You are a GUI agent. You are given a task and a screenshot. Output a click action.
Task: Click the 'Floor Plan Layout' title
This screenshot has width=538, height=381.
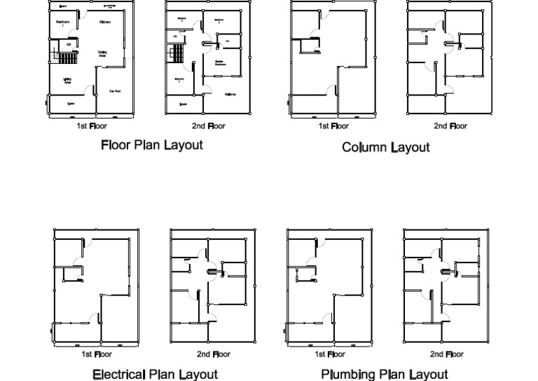[x=152, y=145]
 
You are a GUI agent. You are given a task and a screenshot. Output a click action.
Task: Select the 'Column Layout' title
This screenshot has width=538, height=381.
[x=385, y=147]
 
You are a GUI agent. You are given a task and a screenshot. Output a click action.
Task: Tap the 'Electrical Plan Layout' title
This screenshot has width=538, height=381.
[x=155, y=374]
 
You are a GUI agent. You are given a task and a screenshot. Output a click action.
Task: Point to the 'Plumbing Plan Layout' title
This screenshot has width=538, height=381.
[x=384, y=374]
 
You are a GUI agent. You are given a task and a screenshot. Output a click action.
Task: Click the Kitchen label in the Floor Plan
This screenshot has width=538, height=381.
[x=104, y=22]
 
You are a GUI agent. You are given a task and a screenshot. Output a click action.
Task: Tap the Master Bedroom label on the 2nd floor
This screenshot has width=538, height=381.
[x=219, y=63]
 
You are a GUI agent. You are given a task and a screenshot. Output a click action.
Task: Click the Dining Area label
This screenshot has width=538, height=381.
[x=102, y=53]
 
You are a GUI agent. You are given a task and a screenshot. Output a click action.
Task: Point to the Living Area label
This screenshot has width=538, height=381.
[x=68, y=80]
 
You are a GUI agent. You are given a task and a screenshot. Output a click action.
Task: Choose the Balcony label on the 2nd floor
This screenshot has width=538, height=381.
[x=230, y=94]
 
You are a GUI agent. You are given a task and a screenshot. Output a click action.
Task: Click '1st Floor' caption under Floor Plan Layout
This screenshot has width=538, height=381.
[x=92, y=126]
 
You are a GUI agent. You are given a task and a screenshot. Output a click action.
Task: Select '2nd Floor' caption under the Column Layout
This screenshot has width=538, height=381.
[x=450, y=126]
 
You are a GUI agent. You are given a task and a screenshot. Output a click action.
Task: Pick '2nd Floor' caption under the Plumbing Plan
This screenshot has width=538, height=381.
[x=446, y=354]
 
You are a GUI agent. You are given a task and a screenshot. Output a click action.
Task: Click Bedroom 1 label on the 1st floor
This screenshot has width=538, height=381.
[x=62, y=22]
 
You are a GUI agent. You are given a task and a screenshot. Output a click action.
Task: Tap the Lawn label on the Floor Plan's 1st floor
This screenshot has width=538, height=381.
[x=71, y=104]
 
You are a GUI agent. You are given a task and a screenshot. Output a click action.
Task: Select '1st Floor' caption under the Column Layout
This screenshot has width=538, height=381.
[x=333, y=126]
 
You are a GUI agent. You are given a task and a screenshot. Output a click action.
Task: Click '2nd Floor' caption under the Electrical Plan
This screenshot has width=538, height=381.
[x=213, y=354]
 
